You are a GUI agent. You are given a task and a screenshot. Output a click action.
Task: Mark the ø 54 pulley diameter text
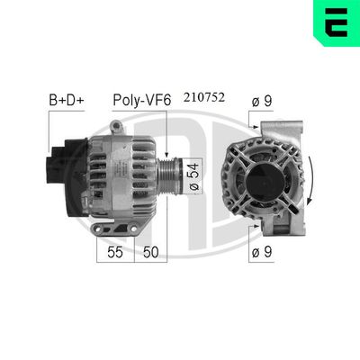click(x=192, y=175)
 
